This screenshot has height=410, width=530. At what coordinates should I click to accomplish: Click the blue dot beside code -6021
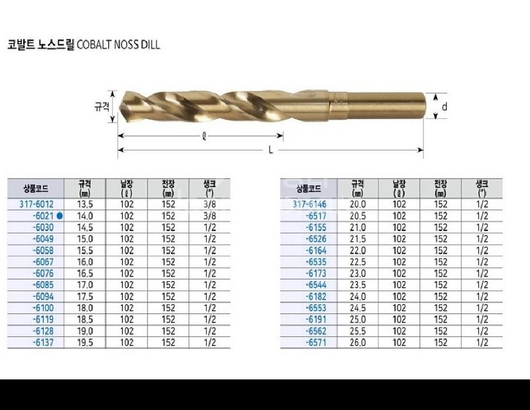click(60, 216)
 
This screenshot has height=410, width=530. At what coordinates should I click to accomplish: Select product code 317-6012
click(37, 204)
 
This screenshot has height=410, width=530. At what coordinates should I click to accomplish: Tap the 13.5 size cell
click(85, 204)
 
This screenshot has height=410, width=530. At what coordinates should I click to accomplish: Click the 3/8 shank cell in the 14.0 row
click(210, 216)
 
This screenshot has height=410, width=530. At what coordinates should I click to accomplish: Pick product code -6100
click(43, 308)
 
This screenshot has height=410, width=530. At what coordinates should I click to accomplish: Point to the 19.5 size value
click(85, 343)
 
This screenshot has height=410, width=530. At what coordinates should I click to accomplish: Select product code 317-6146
click(310, 204)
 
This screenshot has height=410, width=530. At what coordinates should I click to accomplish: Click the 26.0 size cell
click(358, 343)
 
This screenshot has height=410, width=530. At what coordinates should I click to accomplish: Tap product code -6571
click(316, 343)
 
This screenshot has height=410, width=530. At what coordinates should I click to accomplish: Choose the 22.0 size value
click(358, 250)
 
